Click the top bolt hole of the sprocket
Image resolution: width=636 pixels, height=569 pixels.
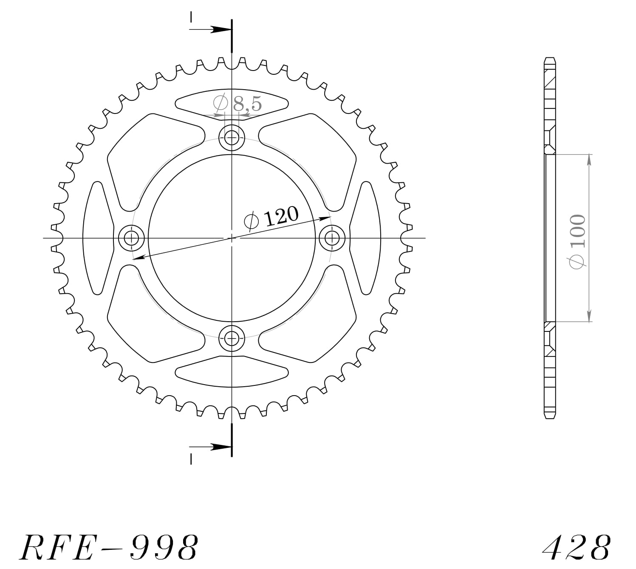tap(232, 137)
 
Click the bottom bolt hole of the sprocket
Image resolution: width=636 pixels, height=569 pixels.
tap(232, 339)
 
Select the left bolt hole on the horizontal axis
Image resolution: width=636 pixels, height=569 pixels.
tap(131, 238)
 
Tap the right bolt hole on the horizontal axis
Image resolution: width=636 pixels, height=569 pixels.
tap(332, 238)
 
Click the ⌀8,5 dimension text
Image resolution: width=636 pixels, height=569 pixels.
tap(237, 103)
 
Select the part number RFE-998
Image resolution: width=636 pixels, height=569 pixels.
tap(109, 547)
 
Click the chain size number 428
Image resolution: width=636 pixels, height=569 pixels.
tap(577, 547)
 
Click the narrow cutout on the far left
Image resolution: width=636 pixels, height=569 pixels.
tap(97, 238)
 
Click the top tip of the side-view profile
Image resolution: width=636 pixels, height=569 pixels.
tap(550, 59)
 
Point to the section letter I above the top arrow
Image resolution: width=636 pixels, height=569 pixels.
tap(192, 17)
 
